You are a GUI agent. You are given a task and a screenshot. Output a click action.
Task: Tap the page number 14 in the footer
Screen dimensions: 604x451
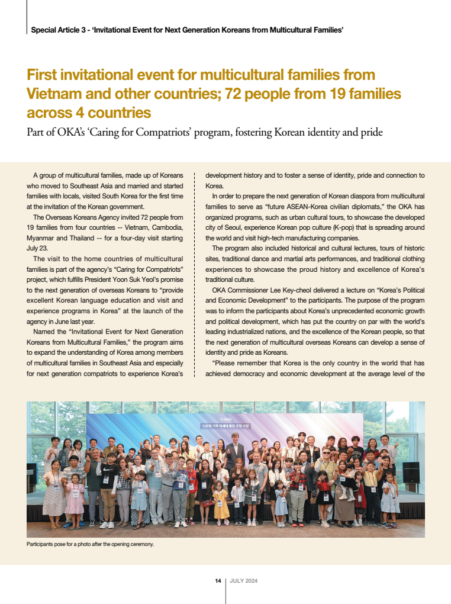(218, 581)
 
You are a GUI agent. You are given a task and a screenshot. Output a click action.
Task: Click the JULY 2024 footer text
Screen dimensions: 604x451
(244, 581)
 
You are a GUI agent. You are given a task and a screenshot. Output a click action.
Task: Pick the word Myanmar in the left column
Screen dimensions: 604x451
(44, 238)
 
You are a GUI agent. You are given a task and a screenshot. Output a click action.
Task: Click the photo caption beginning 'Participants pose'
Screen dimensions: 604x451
(90, 544)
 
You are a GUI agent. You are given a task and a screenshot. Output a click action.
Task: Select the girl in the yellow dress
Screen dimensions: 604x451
(221, 503)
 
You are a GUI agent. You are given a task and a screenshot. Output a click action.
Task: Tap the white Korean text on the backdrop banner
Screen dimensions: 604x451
(224, 425)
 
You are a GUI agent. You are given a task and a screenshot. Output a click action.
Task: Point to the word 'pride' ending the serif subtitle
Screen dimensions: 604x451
(371, 131)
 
